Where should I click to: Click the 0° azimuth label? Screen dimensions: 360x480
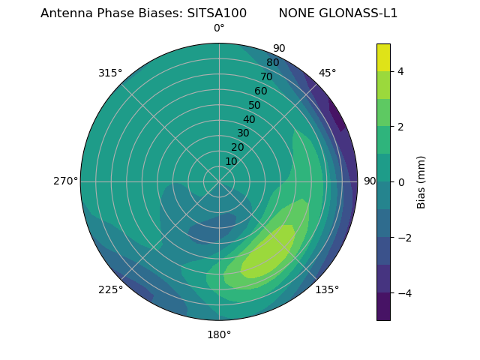pyautogui.click(x=219, y=28)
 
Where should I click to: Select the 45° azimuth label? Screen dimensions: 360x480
pyautogui.click(x=327, y=73)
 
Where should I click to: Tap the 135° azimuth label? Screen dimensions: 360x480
pyautogui.click(x=327, y=289)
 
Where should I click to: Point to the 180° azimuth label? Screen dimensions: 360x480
pyautogui.click(x=219, y=334)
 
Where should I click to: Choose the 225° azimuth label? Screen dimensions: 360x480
pyautogui.click(x=110, y=289)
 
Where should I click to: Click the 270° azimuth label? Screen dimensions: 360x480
pyautogui.click(x=65, y=181)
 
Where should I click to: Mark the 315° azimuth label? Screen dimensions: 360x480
pyautogui.click(x=110, y=73)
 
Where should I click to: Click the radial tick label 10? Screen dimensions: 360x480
pyautogui.click(x=231, y=161)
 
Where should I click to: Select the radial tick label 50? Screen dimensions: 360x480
pyautogui.click(x=255, y=106)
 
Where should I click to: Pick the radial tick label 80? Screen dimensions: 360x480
pyautogui.click(x=273, y=63)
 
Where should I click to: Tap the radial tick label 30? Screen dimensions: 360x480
pyautogui.click(x=243, y=133)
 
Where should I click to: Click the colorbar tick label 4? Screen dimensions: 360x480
pyautogui.click(x=400, y=71)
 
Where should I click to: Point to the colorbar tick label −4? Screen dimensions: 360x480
pyautogui.click(x=403, y=292)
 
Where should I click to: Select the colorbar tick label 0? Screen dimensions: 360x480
pyautogui.click(x=400, y=182)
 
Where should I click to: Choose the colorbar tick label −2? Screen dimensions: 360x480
pyautogui.click(x=403, y=237)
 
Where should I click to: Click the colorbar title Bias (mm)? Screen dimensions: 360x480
pyautogui.click(x=421, y=182)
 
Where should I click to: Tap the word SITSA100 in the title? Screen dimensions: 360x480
pyautogui.click(x=217, y=13)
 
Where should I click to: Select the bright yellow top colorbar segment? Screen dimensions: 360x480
pyautogui.click(x=383, y=57)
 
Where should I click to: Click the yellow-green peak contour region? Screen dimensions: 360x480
pyautogui.click(x=270, y=251)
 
